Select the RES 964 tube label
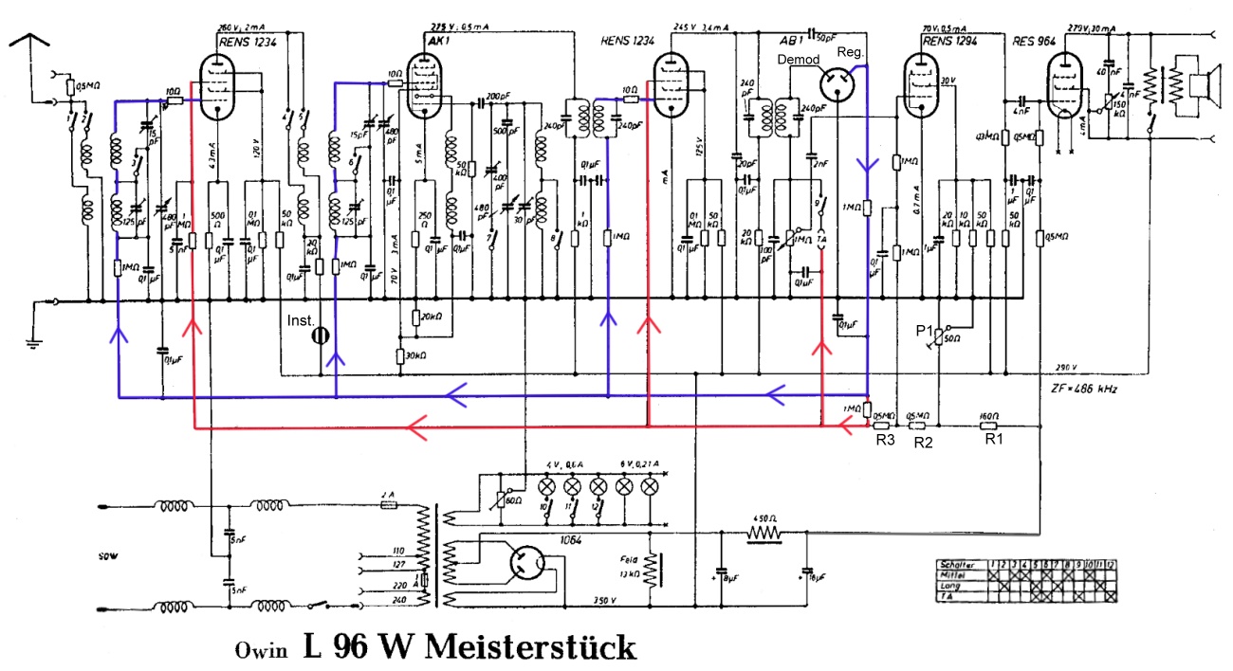[1034, 41]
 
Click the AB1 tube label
[786, 41]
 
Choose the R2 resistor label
[921, 441]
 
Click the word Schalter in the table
[956, 564]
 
